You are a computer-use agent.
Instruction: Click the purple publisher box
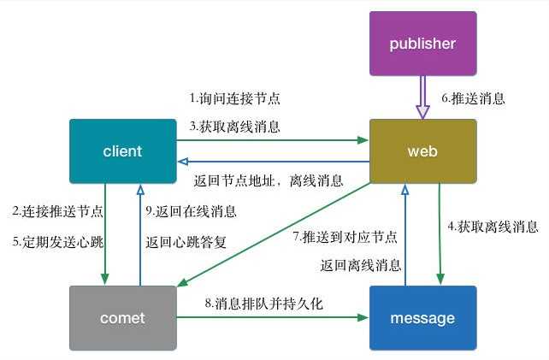coord(422,44)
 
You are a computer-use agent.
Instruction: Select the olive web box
coord(422,151)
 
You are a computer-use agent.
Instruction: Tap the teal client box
coord(122,151)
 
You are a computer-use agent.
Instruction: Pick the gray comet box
coord(122,318)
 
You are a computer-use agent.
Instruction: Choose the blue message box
coord(422,318)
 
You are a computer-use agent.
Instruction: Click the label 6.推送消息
coord(473,97)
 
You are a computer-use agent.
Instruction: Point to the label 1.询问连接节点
coord(234,97)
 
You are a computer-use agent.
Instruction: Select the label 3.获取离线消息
coord(234,126)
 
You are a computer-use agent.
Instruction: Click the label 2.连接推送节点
coord(57,210)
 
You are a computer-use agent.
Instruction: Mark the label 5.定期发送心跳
coord(57,242)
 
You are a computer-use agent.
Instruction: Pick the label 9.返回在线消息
coord(191,210)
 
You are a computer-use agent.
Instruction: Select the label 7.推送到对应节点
coord(345,235)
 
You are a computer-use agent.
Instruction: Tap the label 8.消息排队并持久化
coord(263,302)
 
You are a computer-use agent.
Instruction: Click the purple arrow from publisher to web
coord(422,97)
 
